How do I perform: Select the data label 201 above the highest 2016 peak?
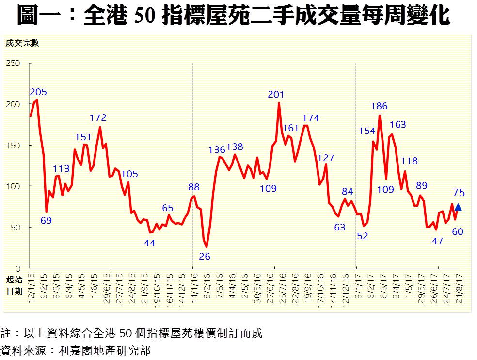[x=276, y=94]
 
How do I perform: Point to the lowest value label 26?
[x=205, y=256]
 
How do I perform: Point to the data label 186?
[x=379, y=106]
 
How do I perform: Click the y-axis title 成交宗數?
[x=22, y=43]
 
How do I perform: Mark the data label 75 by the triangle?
[x=459, y=193]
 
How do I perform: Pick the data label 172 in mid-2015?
[x=98, y=117]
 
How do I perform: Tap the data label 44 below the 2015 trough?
[x=150, y=243]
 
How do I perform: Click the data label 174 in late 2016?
[x=310, y=118]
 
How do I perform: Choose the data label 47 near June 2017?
[x=437, y=241]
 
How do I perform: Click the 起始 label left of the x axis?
[x=14, y=280]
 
